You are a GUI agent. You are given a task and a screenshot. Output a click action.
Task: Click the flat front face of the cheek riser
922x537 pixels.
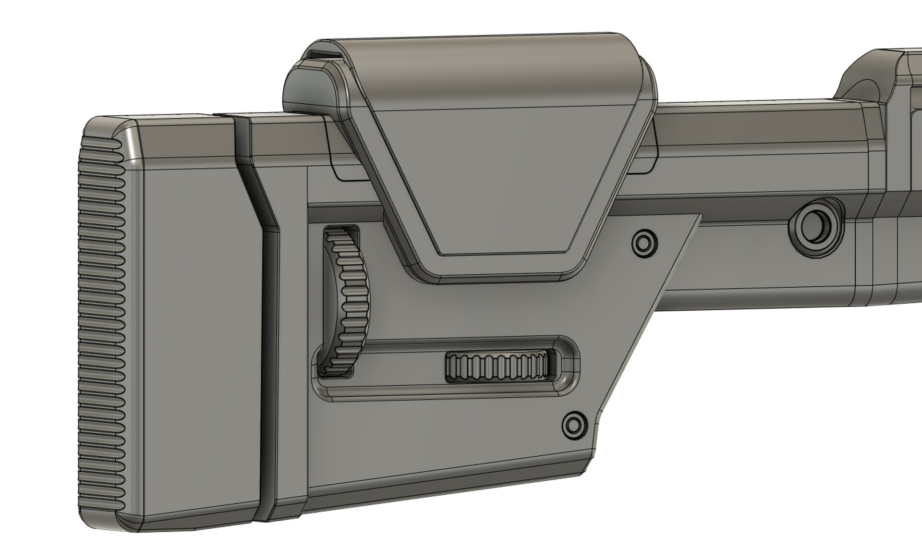click(495, 183)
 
